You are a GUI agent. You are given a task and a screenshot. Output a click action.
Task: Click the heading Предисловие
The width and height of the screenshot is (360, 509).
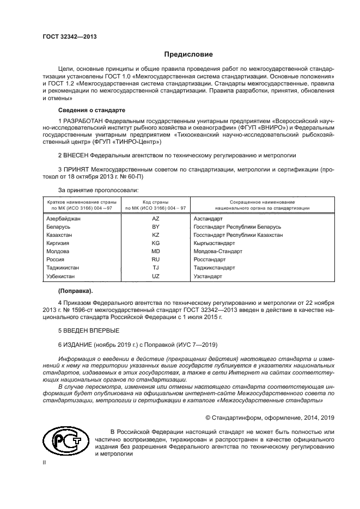click(188, 54)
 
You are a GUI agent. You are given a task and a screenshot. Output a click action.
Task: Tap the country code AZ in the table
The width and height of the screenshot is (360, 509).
click(155, 218)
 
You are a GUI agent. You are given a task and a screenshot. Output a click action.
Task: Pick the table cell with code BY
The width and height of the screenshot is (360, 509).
click(155, 226)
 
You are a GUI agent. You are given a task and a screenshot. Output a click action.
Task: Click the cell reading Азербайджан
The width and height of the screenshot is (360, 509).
click(64, 218)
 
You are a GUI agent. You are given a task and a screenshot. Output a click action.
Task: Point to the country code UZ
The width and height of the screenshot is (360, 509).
click(155, 276)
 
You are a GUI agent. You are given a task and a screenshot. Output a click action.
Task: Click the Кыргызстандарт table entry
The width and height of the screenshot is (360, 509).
click(214, 243)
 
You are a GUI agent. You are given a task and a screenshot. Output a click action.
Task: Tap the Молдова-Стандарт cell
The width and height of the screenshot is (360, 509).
click(217, 251)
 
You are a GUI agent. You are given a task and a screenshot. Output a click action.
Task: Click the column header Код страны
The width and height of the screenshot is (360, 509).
click(155, 202)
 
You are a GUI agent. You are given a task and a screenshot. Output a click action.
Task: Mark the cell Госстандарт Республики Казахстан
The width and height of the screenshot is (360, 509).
click(238, 235)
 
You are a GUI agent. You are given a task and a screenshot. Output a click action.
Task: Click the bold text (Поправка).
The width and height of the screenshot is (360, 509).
click(76, 290)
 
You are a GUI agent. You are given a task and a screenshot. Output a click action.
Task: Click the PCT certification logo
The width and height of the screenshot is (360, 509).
click(64, 441)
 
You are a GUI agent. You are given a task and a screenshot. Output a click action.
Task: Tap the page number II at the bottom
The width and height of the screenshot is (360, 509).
click(45, 463)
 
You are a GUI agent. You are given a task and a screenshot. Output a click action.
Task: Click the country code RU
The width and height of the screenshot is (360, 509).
click(155, 260)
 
